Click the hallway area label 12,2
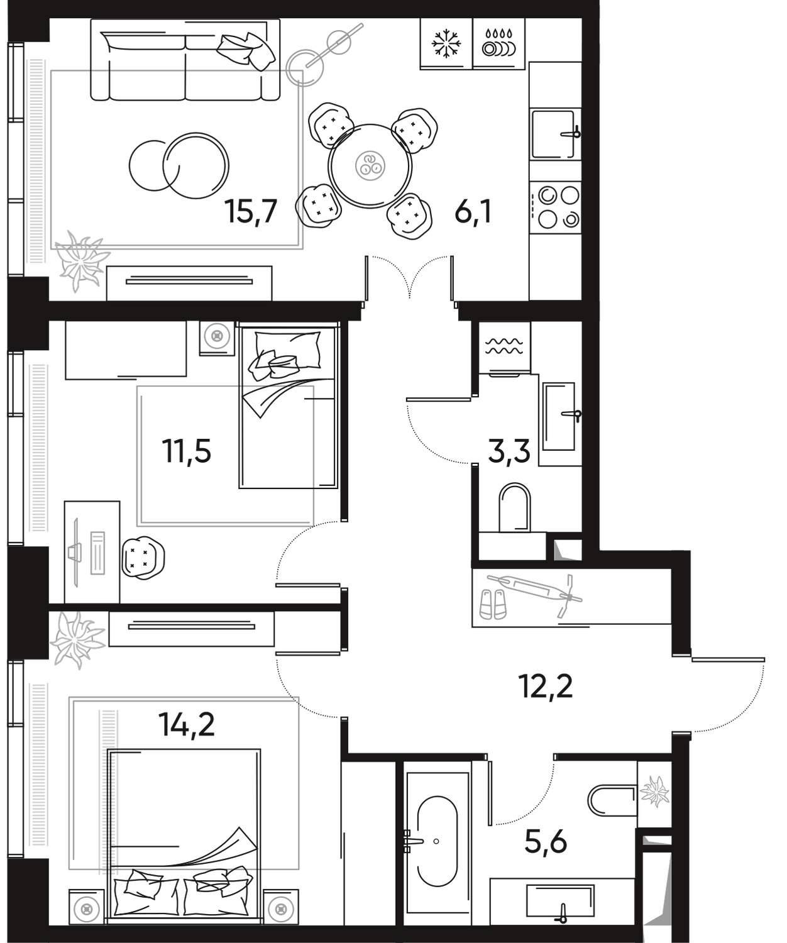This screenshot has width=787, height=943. [546, 685]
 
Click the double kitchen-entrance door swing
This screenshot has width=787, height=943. [410, 277]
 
